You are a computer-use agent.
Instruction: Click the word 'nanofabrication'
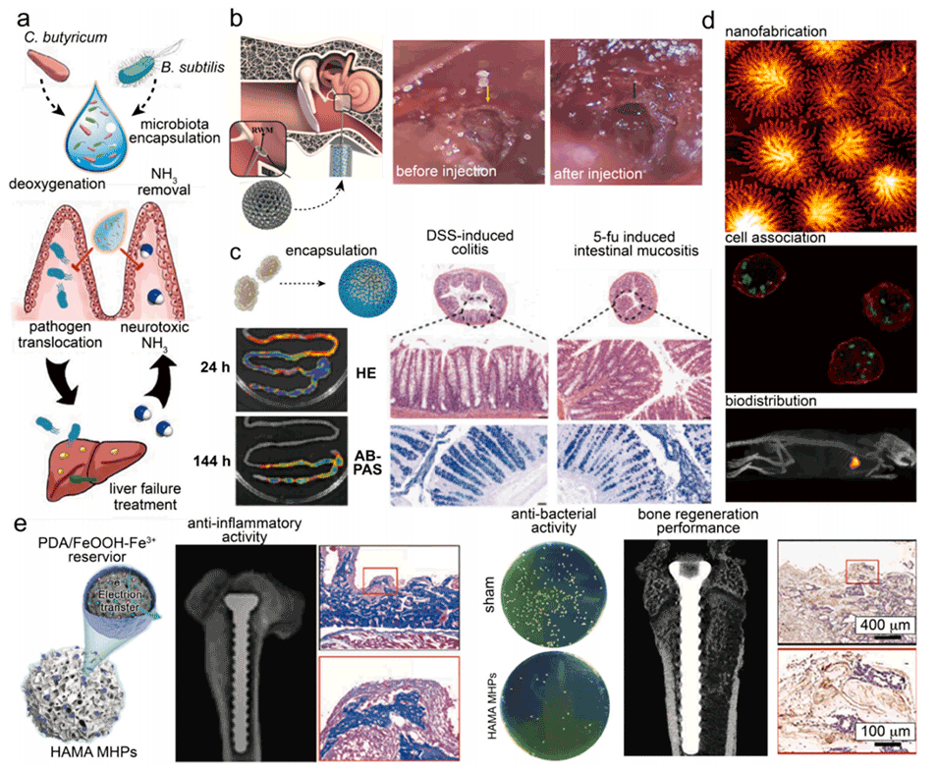[x=776, y=32]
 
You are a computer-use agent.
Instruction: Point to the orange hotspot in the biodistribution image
[x=853, y=457]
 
